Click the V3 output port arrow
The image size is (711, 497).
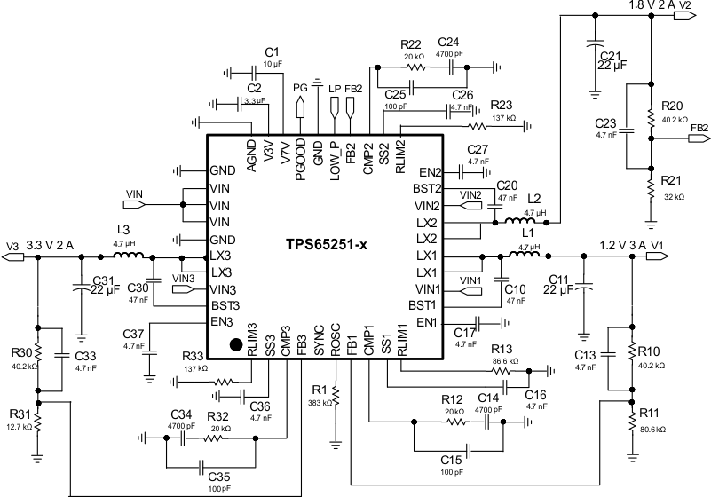pos(12,257)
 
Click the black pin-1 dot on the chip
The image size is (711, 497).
pos(236,344)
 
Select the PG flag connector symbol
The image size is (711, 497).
pos(300,107)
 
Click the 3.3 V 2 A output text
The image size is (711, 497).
pos(50,246)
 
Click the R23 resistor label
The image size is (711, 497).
pos(502,104)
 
